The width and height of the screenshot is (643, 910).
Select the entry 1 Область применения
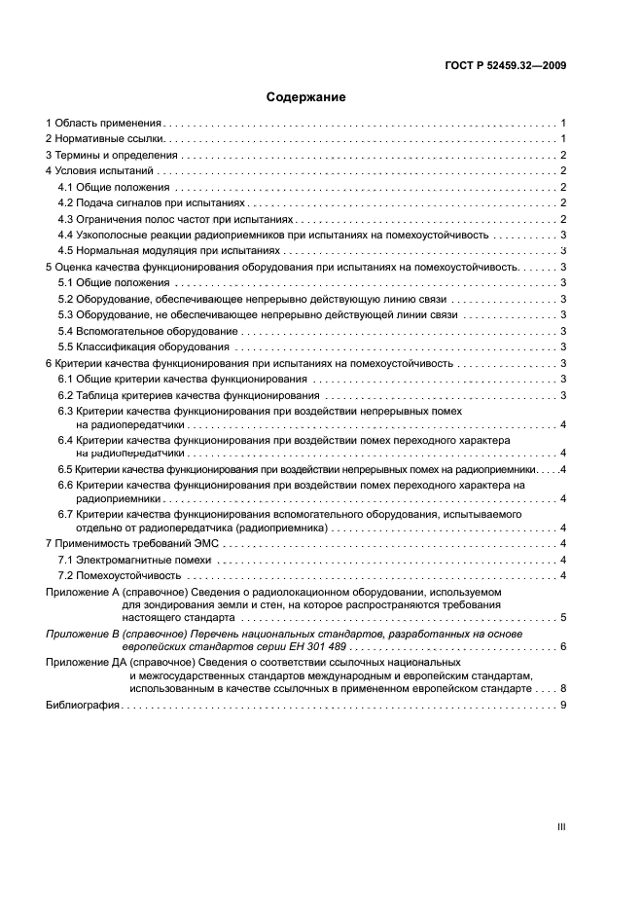(x=103, y=124)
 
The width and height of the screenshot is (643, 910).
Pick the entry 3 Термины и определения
(x=112, y=155)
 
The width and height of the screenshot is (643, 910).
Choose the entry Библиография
(x=83, y=705)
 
